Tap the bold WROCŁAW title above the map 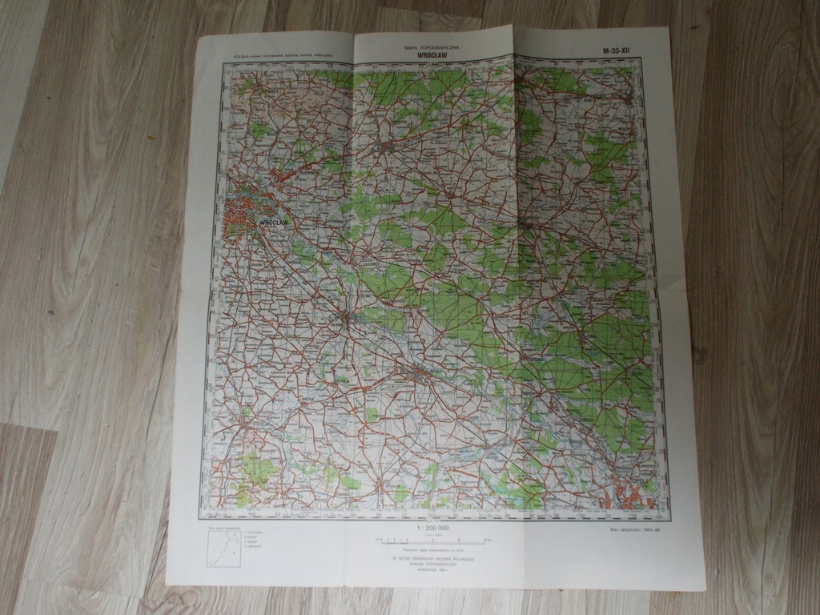(x=433, y=56)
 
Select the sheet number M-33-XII (x=617, y=52)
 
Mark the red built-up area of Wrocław (x=243, y=212)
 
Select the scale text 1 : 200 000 (x=432, y=529)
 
